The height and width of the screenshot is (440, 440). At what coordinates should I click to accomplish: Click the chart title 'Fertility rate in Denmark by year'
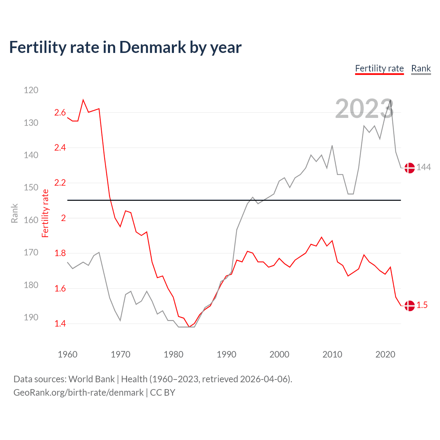click(x=125, y=47)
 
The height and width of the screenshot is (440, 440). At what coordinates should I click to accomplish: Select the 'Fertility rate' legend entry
click(x=379, y=68)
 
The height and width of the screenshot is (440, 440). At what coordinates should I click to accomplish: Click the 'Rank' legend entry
click(x=421, y=68)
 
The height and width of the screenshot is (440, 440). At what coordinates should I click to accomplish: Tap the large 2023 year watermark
click(x=364, y=109)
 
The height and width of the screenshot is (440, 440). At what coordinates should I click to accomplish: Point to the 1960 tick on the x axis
click(x=68, y=354)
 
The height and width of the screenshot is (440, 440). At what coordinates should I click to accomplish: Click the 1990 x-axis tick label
click(x=227, y=354)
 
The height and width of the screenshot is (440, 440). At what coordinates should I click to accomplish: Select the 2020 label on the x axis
click(x=385, y=354)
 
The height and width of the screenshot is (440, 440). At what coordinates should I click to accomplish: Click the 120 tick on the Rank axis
click(x=31, y=90)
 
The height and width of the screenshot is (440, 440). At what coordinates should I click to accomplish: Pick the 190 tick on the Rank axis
click(x=31, y=317)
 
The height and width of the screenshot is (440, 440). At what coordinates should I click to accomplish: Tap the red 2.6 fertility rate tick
click(x=60, y=113)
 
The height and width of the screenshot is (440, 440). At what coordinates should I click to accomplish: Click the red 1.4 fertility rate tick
click(x=60, y=323)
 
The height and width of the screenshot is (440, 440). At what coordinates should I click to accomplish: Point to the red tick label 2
click(x=63, y=218)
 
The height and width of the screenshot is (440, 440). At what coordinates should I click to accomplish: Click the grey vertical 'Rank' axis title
click(x=14, y=213)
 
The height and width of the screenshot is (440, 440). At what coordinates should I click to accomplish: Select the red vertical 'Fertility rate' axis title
click(x=45, y=213)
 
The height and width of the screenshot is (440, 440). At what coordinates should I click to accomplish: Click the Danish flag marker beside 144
click(x=409, y=168)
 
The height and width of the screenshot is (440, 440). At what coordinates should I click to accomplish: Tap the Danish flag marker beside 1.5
click(x=409, y=306)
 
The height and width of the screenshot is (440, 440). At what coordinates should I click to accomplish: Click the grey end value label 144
click(x=423, y=167)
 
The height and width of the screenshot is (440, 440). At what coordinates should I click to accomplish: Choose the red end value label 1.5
click(x=422, y=305)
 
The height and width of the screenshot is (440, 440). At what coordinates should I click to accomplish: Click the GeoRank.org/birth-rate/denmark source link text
click(x=78, y=393)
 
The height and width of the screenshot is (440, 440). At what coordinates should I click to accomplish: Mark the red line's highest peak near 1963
click(x=83, y=100)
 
